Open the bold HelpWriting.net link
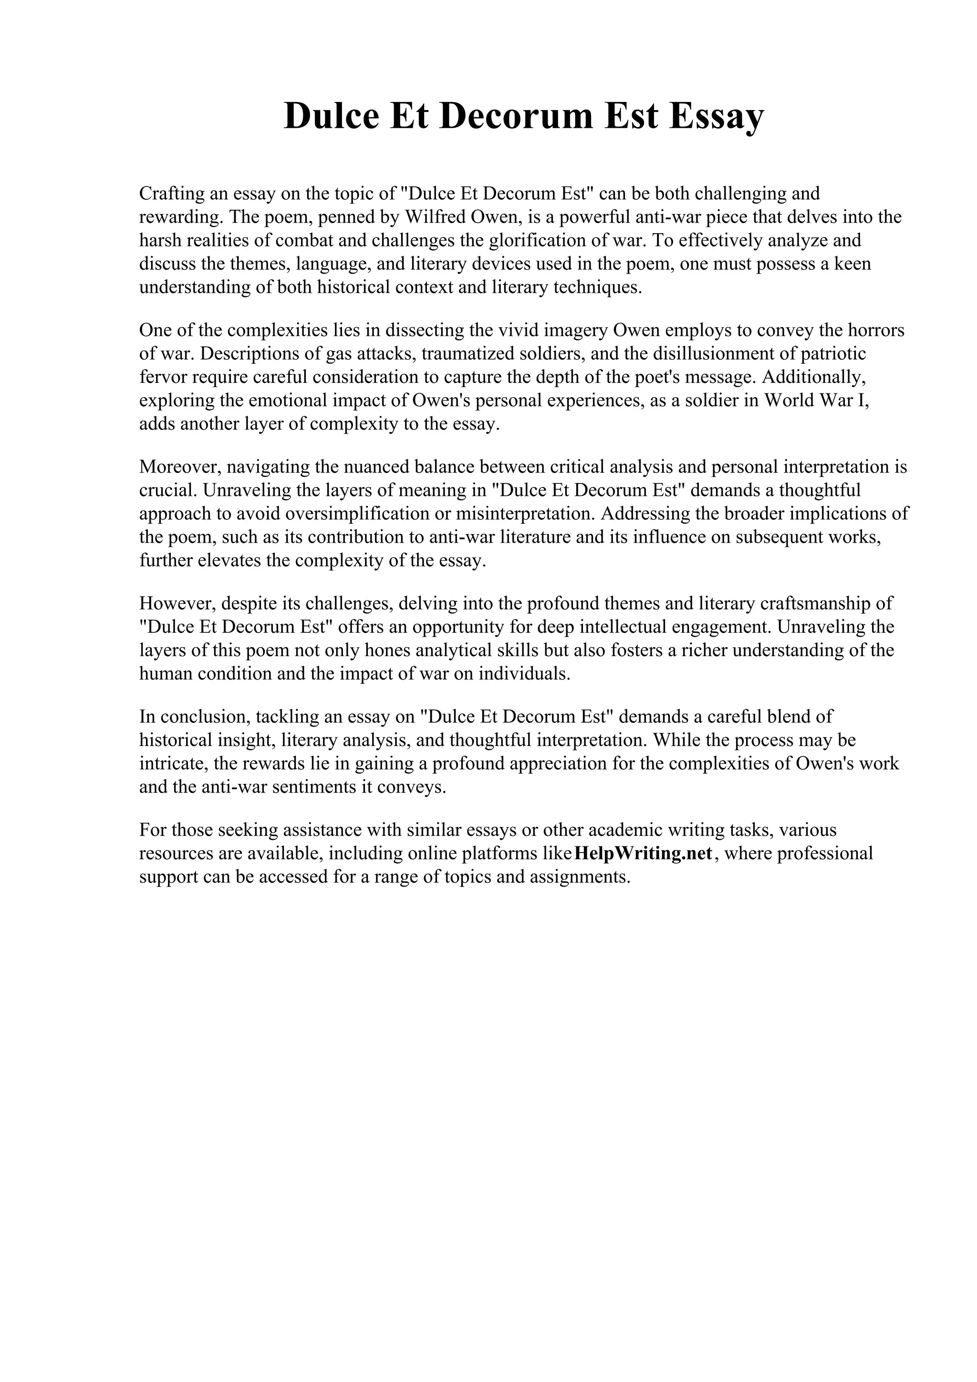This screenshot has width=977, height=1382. pyautogui.click(x=644, y=854)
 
